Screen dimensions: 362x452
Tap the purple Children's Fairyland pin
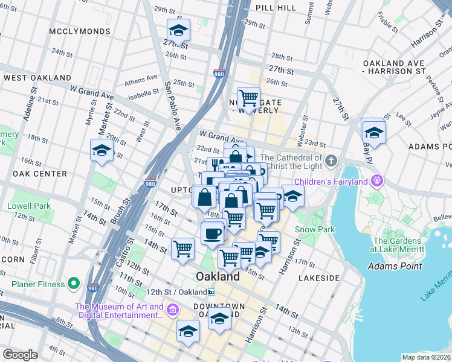(378, 180)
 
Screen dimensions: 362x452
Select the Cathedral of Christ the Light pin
(331, 161)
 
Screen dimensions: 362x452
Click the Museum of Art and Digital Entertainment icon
(173, 310)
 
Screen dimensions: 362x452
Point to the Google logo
(20, 355)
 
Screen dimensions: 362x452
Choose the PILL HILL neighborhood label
(276, 8)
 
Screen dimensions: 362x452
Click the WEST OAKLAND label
(37, 78)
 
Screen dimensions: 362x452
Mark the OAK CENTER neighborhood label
(39, 174)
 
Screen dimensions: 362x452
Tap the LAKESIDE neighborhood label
(319, 278)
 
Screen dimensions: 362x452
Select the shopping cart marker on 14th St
(182, 249)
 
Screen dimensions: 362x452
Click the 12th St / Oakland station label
(176, 292)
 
